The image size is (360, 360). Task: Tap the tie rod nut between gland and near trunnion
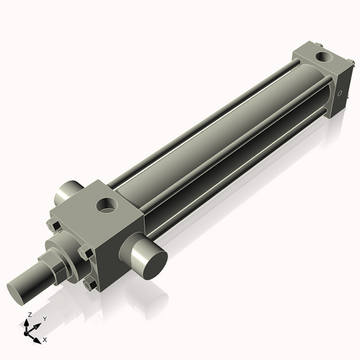86,252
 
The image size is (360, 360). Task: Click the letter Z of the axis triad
29,315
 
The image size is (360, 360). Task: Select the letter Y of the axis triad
44,318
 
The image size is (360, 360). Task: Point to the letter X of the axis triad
45,338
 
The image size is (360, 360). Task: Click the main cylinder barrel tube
216,137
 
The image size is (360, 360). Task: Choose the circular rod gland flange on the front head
65,248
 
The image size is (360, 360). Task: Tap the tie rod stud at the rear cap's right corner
351,65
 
